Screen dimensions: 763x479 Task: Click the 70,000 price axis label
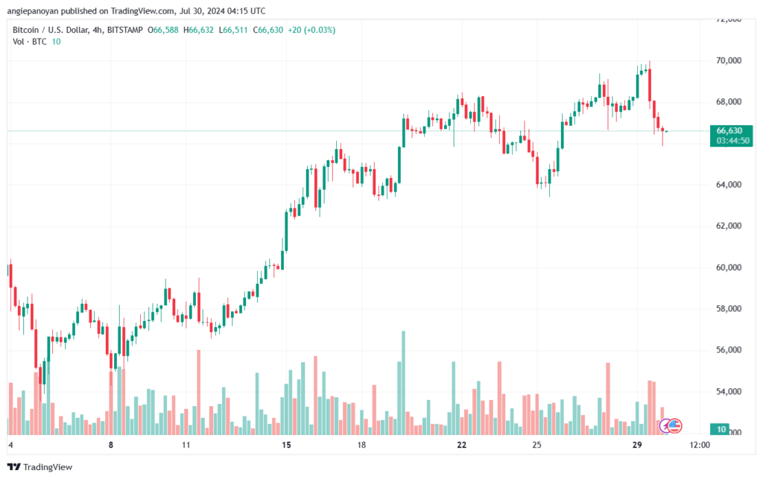(x=729, y=61)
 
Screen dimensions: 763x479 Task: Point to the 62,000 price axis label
(x=729, y=226)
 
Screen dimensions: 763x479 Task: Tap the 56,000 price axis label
(x=729, y=350)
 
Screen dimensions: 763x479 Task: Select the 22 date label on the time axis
(x=461, y=445)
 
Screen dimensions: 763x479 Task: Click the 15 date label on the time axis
(x=286, y=445)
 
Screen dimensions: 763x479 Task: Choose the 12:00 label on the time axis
(x=700, y=445)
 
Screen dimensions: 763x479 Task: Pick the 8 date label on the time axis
(x=111, y=445)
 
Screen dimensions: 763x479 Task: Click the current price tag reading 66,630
(x=729, y=131)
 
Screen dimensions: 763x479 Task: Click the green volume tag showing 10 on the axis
(x=721, y=429)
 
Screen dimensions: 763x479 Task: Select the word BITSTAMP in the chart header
(x=125, y=30)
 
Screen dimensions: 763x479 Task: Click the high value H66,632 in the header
(x=198, y=30)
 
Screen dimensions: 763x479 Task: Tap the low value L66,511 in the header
(x=233, y=30)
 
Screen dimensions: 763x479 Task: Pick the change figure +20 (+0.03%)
(x=311, y=30)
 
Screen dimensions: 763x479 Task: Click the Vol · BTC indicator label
(x=30, y=42)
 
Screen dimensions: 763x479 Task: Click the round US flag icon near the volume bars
(x=674, y=426)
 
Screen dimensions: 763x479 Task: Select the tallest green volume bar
(x=403, y=383)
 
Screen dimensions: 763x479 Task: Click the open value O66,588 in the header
(x=163, y=30)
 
